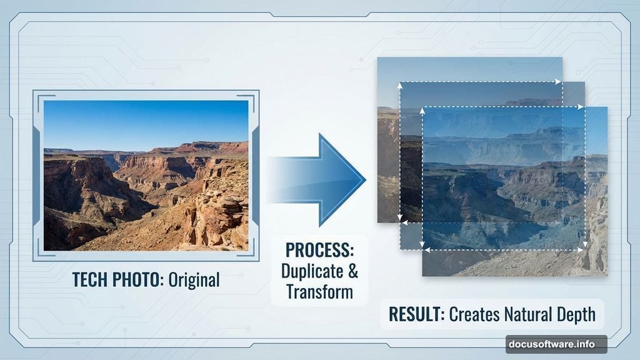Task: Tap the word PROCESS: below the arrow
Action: point(319,251)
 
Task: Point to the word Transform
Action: point(319,292)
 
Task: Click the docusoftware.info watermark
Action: point(548,344)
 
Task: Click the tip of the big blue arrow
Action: point(364,179)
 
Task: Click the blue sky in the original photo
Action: point(144,122)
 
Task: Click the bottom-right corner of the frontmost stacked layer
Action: point(606,275)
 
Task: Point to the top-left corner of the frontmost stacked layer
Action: point(423,107)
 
